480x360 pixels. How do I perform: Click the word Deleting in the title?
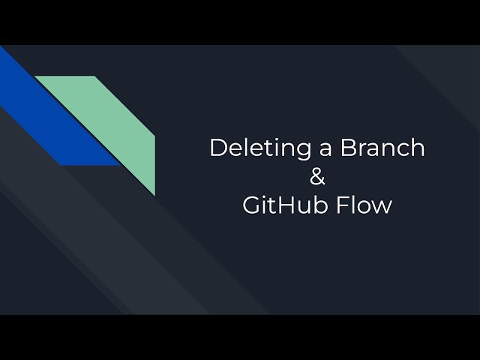point(256,148)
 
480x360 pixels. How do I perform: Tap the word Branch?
point(382,148)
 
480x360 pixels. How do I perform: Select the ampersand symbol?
point(317,177)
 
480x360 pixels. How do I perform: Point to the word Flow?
point(365,205)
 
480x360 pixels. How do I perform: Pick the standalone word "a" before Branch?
point(324,149)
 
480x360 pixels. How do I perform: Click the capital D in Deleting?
point(218,148)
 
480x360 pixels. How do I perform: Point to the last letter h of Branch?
point(418,148)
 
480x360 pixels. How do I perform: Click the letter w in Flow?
point(382,208)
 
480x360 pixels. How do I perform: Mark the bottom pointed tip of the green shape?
point(154,194)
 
